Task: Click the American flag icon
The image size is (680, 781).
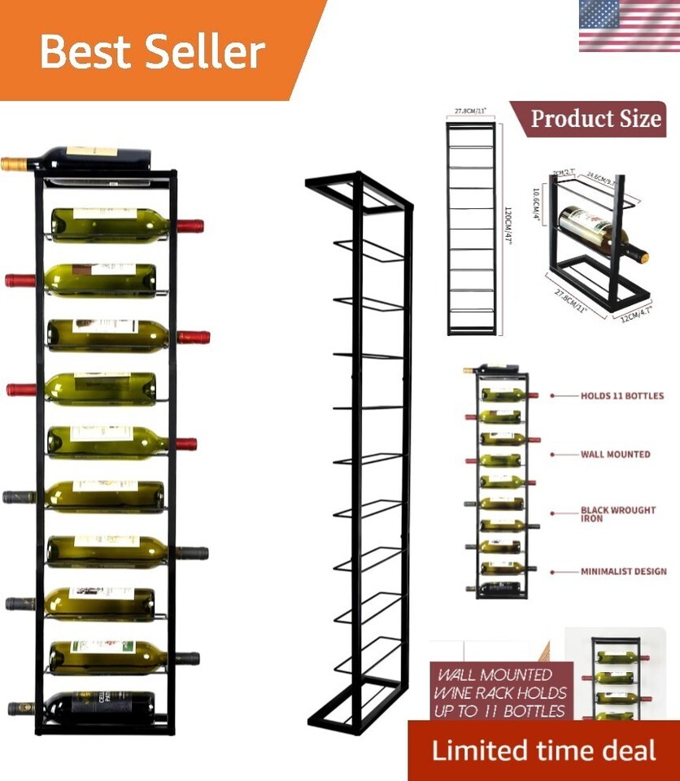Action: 629,26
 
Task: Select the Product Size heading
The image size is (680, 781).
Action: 595,119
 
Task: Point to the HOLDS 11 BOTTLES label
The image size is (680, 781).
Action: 621,396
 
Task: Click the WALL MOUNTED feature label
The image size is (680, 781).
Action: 615,455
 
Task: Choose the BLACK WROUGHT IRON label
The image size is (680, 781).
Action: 617,514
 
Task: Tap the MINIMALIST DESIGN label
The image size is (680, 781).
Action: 623,572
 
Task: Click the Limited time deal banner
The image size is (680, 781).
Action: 543,750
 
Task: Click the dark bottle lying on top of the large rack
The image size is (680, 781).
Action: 89,159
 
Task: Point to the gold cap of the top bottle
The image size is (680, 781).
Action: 13,164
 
